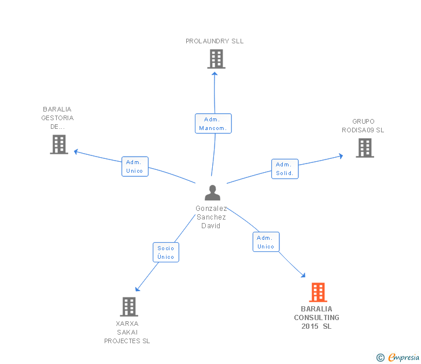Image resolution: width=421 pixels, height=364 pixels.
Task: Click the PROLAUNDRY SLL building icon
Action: [x=216, y=59]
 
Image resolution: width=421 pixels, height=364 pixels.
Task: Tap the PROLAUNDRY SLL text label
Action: [x=215, y=41]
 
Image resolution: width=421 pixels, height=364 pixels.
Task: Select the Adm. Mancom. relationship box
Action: [x=213, y=124]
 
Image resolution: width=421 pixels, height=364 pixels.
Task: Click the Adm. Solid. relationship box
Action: [x=285, y=169]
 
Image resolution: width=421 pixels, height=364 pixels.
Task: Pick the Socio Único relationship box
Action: [x=166, y=252]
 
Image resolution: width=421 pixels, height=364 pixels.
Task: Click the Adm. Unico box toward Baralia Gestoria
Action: [x=135, y=166]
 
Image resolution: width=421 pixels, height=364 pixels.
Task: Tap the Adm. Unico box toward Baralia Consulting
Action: [x=266, y=242]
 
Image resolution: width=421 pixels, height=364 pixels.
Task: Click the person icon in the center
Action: [x=212, y=192]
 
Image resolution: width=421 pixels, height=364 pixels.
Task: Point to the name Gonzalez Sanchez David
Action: [x=211, y=217]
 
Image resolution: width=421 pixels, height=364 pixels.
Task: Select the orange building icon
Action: [x=318, y=292]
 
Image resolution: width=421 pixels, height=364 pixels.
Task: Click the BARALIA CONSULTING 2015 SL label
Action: [x=316, y=318]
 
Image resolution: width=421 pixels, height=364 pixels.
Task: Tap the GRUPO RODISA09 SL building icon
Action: [x=365, y=148]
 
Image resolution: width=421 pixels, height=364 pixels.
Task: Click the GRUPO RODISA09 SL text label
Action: [x=363, y=125]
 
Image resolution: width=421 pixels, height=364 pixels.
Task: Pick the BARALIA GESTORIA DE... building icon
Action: [x=59, y=144]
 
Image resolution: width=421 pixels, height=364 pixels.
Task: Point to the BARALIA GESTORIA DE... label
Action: [x=57, y=118]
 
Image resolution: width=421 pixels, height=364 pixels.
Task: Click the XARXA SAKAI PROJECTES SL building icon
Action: [x=129, y=307]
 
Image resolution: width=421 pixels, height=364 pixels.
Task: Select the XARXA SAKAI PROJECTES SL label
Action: [x=127, y=332]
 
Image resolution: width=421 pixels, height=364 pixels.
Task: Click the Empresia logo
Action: [x=398, y=357]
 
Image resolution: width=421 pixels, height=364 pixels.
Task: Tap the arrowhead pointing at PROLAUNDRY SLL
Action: [x=215, y=74]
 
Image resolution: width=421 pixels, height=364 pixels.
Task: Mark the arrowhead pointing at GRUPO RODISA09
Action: [x=341, y=156]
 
